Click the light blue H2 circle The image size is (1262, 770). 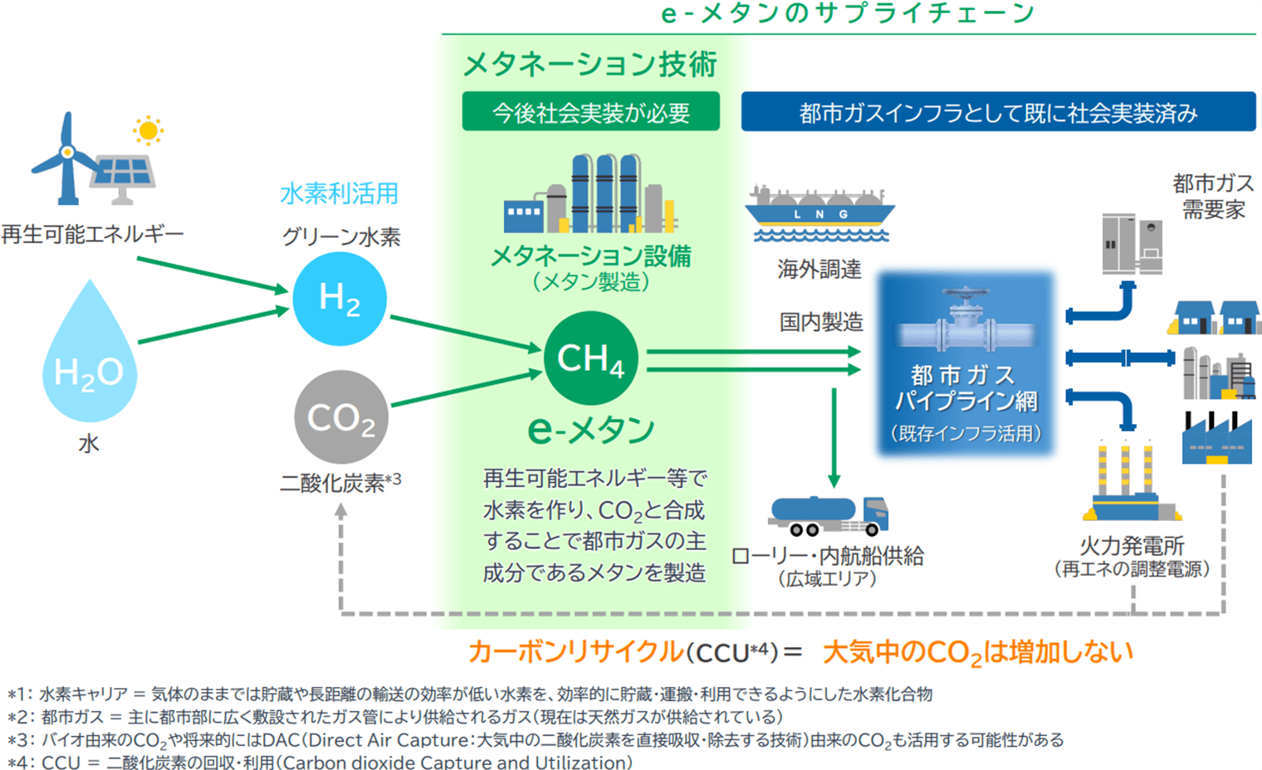(340, 299)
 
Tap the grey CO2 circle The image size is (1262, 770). (341, 417)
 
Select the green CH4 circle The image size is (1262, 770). (591, 358)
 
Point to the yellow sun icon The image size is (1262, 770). (148, 130)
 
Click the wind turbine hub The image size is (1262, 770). (67, 152)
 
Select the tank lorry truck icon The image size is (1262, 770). (829, 515)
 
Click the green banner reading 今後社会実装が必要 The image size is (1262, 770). (591, 112)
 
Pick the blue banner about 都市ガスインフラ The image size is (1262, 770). (998, 112)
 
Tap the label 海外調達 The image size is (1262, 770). (819, 269)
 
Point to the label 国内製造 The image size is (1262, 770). (821, 322)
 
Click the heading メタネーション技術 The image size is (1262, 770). (589, 64)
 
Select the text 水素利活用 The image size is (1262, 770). (339, 193)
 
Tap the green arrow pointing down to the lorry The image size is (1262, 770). (834, 438)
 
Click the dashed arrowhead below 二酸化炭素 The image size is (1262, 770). (341, 509)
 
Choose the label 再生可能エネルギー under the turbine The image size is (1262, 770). (92, 234)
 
